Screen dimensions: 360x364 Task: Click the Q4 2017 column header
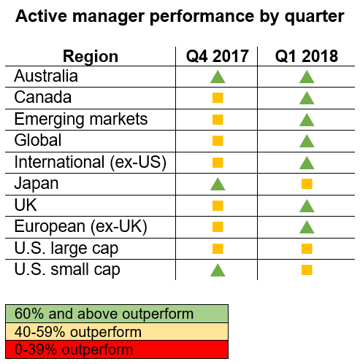pyautogui.click(x=218, y=56)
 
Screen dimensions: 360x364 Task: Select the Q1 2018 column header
pyautogui.click(x=307, y=56)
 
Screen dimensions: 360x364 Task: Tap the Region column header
pyautogui.click(x=91, y=57)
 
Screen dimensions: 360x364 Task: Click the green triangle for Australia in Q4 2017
pyautogui.click(x=218, y=77)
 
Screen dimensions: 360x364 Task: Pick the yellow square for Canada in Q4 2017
pyautogui.click(x=218, y=98)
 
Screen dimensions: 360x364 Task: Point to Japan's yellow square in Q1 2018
pyautogui.click(x=307, y=184)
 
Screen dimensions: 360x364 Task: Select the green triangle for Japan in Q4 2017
pyautogui.click(x=218, y=184)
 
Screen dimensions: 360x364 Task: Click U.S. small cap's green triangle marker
pyautogui.click(x=218, y=270)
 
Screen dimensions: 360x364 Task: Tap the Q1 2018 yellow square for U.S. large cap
pyautogui.click(x=307, y=249)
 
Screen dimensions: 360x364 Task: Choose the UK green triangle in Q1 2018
pyautogui.click(x=307, y=206)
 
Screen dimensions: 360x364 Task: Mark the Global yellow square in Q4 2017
pyautogui.click(x=218, y=141)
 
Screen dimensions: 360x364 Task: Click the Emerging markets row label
pyautogui.click(x=81, y=120)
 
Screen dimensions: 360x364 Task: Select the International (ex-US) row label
pyautogui.click(x=91, y=163)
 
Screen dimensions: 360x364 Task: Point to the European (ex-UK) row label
pyautogui.click(x=81, y=227)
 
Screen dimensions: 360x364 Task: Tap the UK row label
pyautogui.click(x=26, y=205)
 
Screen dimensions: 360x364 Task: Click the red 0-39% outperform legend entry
pyautogui.click(x=117, y=349)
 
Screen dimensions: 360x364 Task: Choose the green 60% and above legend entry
pyautogui.click(x=117, y=314)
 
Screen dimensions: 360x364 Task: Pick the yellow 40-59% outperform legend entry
pyautogui.click(x=117, y=332)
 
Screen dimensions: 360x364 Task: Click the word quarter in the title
pyautogui.click(x=315, y=17)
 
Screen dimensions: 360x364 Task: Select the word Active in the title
pyautogui.click(x=41, y=16)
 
